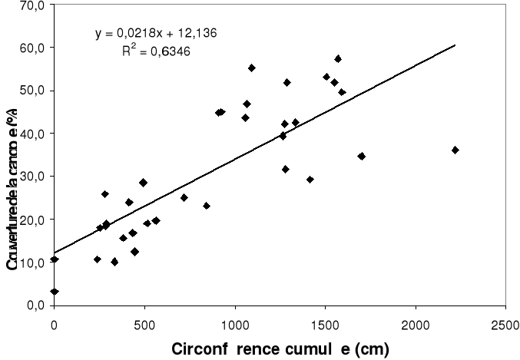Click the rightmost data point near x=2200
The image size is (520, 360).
tap(455, 150)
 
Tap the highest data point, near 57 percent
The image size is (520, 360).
tap(338, 58)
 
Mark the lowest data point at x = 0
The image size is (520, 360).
tap(55, 292)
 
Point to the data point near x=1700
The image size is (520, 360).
tap(361, 156)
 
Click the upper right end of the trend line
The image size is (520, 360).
tap(455, 45)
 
